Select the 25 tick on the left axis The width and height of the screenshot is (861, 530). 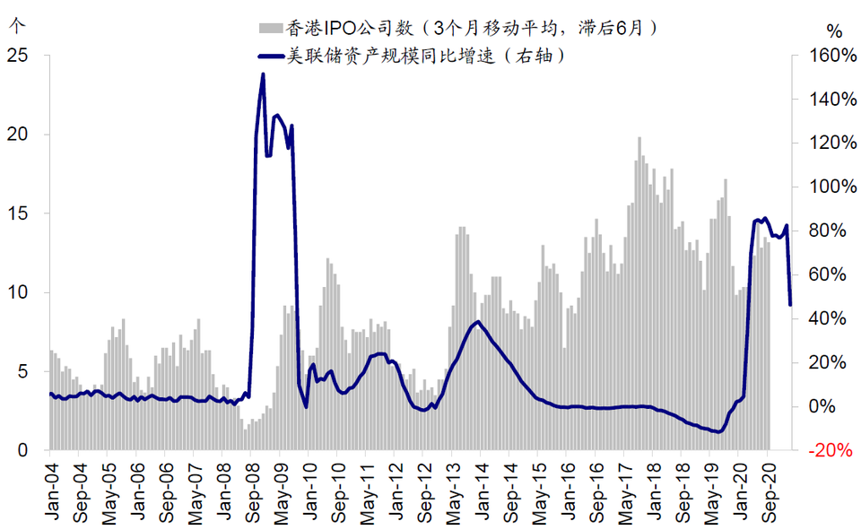pyautogui.click(x=18, y=56)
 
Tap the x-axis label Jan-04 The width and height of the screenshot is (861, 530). pyautogui.click(x=51, y=487)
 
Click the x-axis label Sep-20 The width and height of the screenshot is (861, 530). pyautogui.click(x=769, y=487)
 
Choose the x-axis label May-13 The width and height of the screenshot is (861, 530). pyautogui.click(x=453, y=487)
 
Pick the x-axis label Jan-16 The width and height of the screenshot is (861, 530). pyautogui.click(x=569, y=487)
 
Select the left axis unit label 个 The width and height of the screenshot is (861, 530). pyautogui.click(x=13, y=25)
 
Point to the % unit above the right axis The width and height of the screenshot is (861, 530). pyautogui.click(x=835, y=29)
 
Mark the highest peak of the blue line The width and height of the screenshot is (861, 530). pyautogui.click(x=263, y=74)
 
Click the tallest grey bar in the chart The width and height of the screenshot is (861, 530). pyautogui.click(x=639, y=138)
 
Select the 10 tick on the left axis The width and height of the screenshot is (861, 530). pyautogui.click(x=18, y=292)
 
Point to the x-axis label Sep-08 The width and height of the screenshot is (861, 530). pyautogui.click(x=252, y=487)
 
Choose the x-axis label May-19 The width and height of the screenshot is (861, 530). pyautogui.click(x=711, y=487)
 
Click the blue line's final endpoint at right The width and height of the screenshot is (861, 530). pyautogui.click(x=790, y=305)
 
